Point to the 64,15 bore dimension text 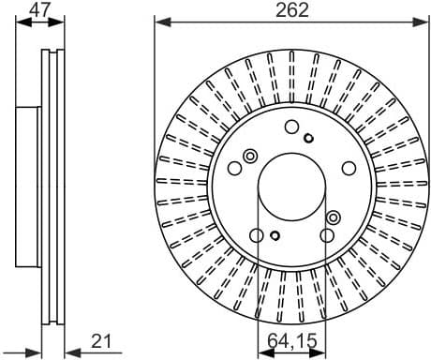pyautogui.click(x=291, y=341)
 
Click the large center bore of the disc pyautogui.click(x=290, y=187)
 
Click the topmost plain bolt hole pyautogui.click(x=291, y=127)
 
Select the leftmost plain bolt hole pyautogui.click(x=234, y=169)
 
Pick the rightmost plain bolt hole pyautogui.click(x=348, y=169)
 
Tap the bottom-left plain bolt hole pyautogui.click(x=256, y=236)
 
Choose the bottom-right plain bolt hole pyautogui.click(x=326, y=236)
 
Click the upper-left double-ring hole pyautogui.click(x=249, y=156)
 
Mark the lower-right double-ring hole pyautogui.click(x=333, y=217)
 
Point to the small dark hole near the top pyautogui.click(x=308, y=138)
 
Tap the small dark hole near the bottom pyautogui.click(x=274, y=235)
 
